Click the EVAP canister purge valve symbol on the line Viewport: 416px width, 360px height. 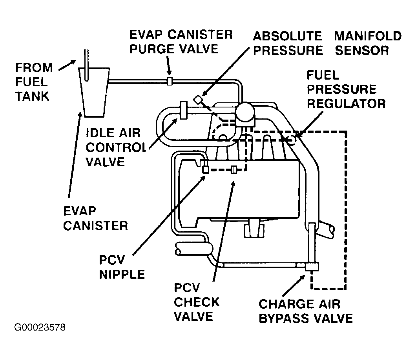tap(170, 81)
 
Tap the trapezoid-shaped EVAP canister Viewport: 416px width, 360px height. tap(93, 92)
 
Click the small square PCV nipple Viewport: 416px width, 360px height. tap(205, 169)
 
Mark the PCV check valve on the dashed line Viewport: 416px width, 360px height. tap(234, 169)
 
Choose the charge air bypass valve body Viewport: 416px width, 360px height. tap(312, 266)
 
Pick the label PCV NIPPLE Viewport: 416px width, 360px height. tap(122, 267)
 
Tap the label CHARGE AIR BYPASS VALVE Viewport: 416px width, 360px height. tap(305, 311)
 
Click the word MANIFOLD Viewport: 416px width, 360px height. tap(368, 36)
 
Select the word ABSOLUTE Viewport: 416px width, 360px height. tap(287, 36)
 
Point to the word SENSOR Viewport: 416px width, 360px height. tap(362, 51)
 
